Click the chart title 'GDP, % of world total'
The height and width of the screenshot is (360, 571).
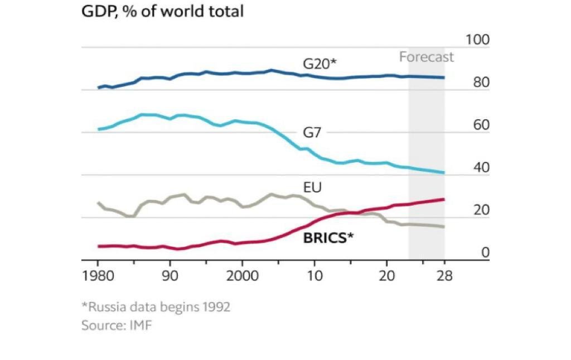162,11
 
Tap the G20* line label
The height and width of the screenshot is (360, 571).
320,64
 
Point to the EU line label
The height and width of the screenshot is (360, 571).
312,187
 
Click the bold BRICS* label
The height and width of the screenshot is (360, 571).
328,237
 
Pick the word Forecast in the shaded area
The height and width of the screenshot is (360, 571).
426,57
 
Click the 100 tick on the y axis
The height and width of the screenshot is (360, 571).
477,40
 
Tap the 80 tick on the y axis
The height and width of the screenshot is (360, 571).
480,82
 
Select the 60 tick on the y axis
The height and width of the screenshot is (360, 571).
480,125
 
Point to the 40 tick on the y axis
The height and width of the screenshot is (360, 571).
480,168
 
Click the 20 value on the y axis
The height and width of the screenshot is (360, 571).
480,210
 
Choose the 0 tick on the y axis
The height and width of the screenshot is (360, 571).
485,252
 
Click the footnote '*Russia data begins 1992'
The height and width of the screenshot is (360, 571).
156,307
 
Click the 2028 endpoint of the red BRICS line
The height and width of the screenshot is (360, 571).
444,199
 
